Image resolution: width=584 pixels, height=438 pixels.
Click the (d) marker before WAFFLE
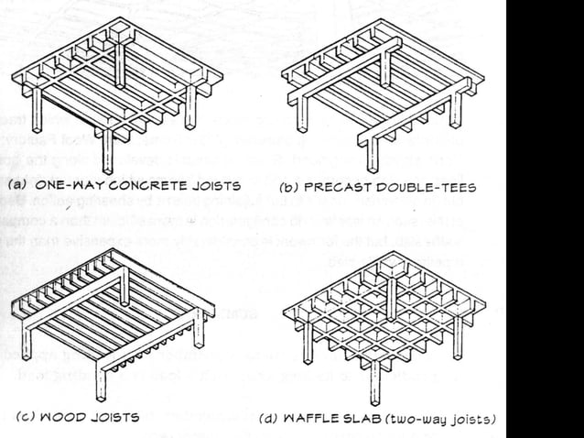point(268,420)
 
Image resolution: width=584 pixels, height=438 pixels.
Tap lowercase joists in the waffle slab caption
point(473,420)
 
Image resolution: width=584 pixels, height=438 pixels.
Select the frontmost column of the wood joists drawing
point(102,380)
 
